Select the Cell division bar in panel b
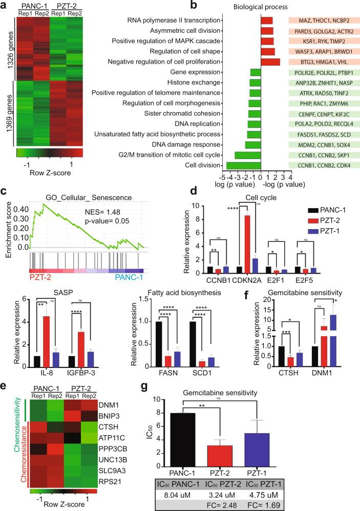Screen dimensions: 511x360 click(x=243, y=165)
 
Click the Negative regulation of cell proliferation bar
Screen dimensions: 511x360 click(x=270, y=62)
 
